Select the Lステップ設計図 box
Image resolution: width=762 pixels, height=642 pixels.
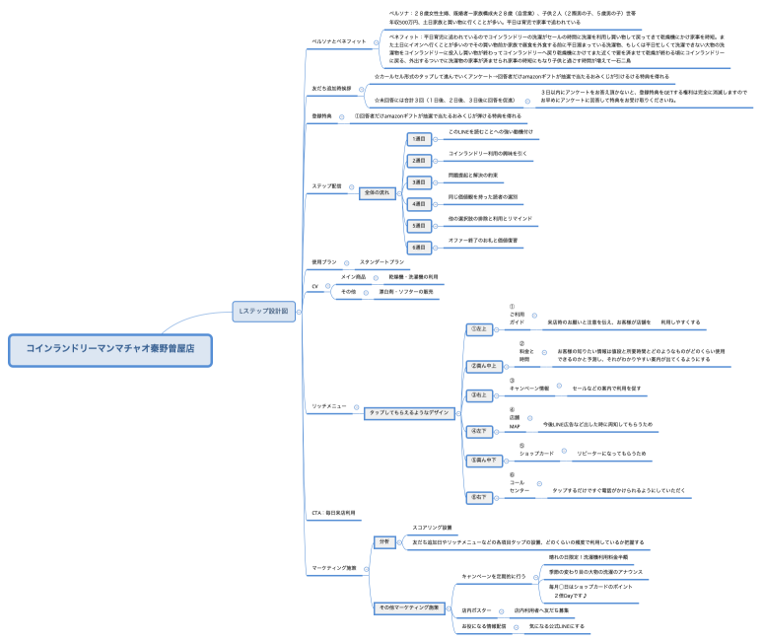(263, 312)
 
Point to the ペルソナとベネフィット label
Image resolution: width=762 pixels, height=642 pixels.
(338, 42)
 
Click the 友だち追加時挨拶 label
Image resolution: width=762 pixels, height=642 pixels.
(330, 89)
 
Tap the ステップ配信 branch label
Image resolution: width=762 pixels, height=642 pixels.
(326, 184)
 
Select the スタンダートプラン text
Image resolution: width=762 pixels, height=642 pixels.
(381, 261)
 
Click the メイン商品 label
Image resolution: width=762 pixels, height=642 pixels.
(353, 277)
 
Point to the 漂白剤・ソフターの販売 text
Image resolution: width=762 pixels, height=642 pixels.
(406, 293)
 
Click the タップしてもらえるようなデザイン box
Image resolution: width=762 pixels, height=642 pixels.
(407, 412)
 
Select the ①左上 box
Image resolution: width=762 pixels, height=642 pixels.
(481, 328)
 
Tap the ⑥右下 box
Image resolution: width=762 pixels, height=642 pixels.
(481, 496)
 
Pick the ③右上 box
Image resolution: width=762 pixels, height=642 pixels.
(481, 395)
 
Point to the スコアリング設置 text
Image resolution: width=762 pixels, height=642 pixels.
(432, 528)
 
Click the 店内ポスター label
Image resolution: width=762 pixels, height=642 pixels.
(478, 610)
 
